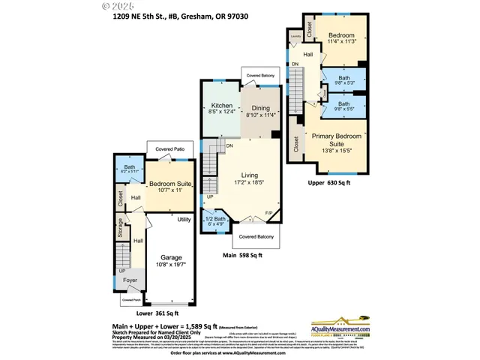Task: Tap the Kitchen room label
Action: coord(221,106)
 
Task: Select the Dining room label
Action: coord(260,108)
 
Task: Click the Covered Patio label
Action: coord(170,149)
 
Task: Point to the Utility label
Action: coord(184,219)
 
